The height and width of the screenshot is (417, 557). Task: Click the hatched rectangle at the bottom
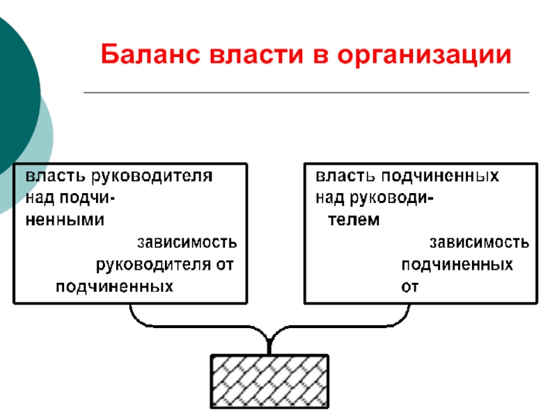click(269, 382)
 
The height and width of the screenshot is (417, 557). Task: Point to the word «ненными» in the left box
click(65, 220)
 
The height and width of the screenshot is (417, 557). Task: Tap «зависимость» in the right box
click(478, 243)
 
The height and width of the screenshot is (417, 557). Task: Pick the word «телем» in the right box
click(354, 220)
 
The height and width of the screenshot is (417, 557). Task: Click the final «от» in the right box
click(410, 286)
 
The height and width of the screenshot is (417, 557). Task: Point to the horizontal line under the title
click(306, 92)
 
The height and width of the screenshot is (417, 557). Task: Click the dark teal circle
click(14, 90)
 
